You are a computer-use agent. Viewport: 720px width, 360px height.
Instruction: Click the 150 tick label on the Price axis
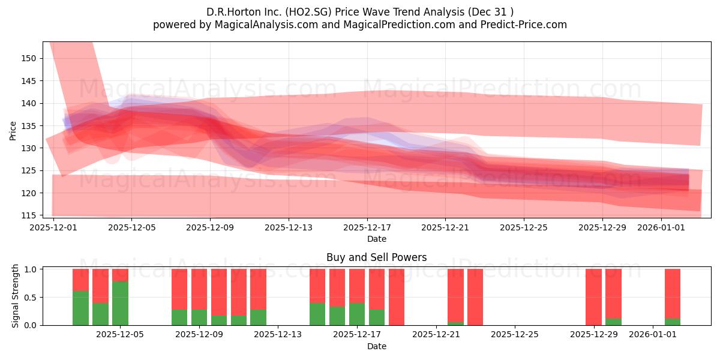point(28,59)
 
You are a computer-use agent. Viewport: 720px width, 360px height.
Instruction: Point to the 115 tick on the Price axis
point(28,215)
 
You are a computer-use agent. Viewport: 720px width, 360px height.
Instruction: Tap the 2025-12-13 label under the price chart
point(289,227)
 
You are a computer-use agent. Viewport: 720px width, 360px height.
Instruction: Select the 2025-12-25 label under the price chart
point(524,227)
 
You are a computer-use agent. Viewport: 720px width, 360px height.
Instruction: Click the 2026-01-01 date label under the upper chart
point(661,227)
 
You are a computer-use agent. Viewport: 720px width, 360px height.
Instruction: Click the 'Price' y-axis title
point(13,131)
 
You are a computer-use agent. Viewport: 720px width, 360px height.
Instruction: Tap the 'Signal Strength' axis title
point(15,296)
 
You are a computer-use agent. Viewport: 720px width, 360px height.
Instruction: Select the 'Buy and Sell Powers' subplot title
point(376,257)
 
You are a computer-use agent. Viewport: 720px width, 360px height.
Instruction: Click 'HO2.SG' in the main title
point(308,12)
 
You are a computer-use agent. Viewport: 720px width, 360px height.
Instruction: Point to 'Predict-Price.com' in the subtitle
point(524,25)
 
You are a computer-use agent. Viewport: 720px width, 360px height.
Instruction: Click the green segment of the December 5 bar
point(120,304)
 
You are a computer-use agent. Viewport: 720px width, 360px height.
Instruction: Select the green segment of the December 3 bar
point(80,308)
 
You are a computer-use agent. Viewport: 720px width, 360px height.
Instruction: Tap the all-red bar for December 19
point(397,297)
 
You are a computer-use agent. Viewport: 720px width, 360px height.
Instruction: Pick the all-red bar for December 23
point(475,297)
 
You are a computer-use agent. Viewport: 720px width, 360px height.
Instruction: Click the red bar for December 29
point(593,297)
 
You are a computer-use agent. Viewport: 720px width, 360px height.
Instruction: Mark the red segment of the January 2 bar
point(673,294)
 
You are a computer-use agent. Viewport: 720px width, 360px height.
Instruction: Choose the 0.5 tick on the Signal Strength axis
point(31,298)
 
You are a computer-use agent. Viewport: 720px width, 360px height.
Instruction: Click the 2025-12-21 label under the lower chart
point(436,335)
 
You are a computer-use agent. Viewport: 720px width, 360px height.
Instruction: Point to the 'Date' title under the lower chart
point(377,347)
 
